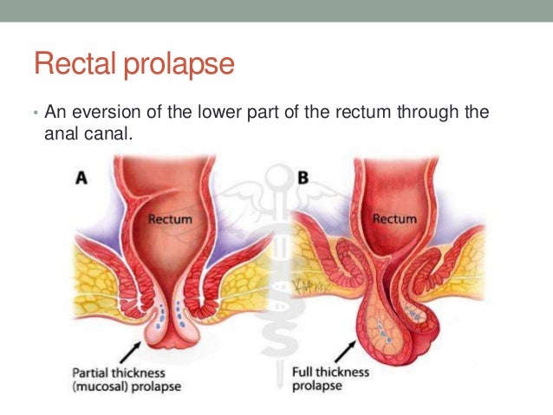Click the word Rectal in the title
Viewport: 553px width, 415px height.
(68, 64)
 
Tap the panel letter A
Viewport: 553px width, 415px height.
(83, 178)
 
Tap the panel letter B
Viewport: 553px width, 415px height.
(303, 178)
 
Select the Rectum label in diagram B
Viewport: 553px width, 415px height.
(393, 218)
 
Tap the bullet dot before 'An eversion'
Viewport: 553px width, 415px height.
(34, 113)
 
